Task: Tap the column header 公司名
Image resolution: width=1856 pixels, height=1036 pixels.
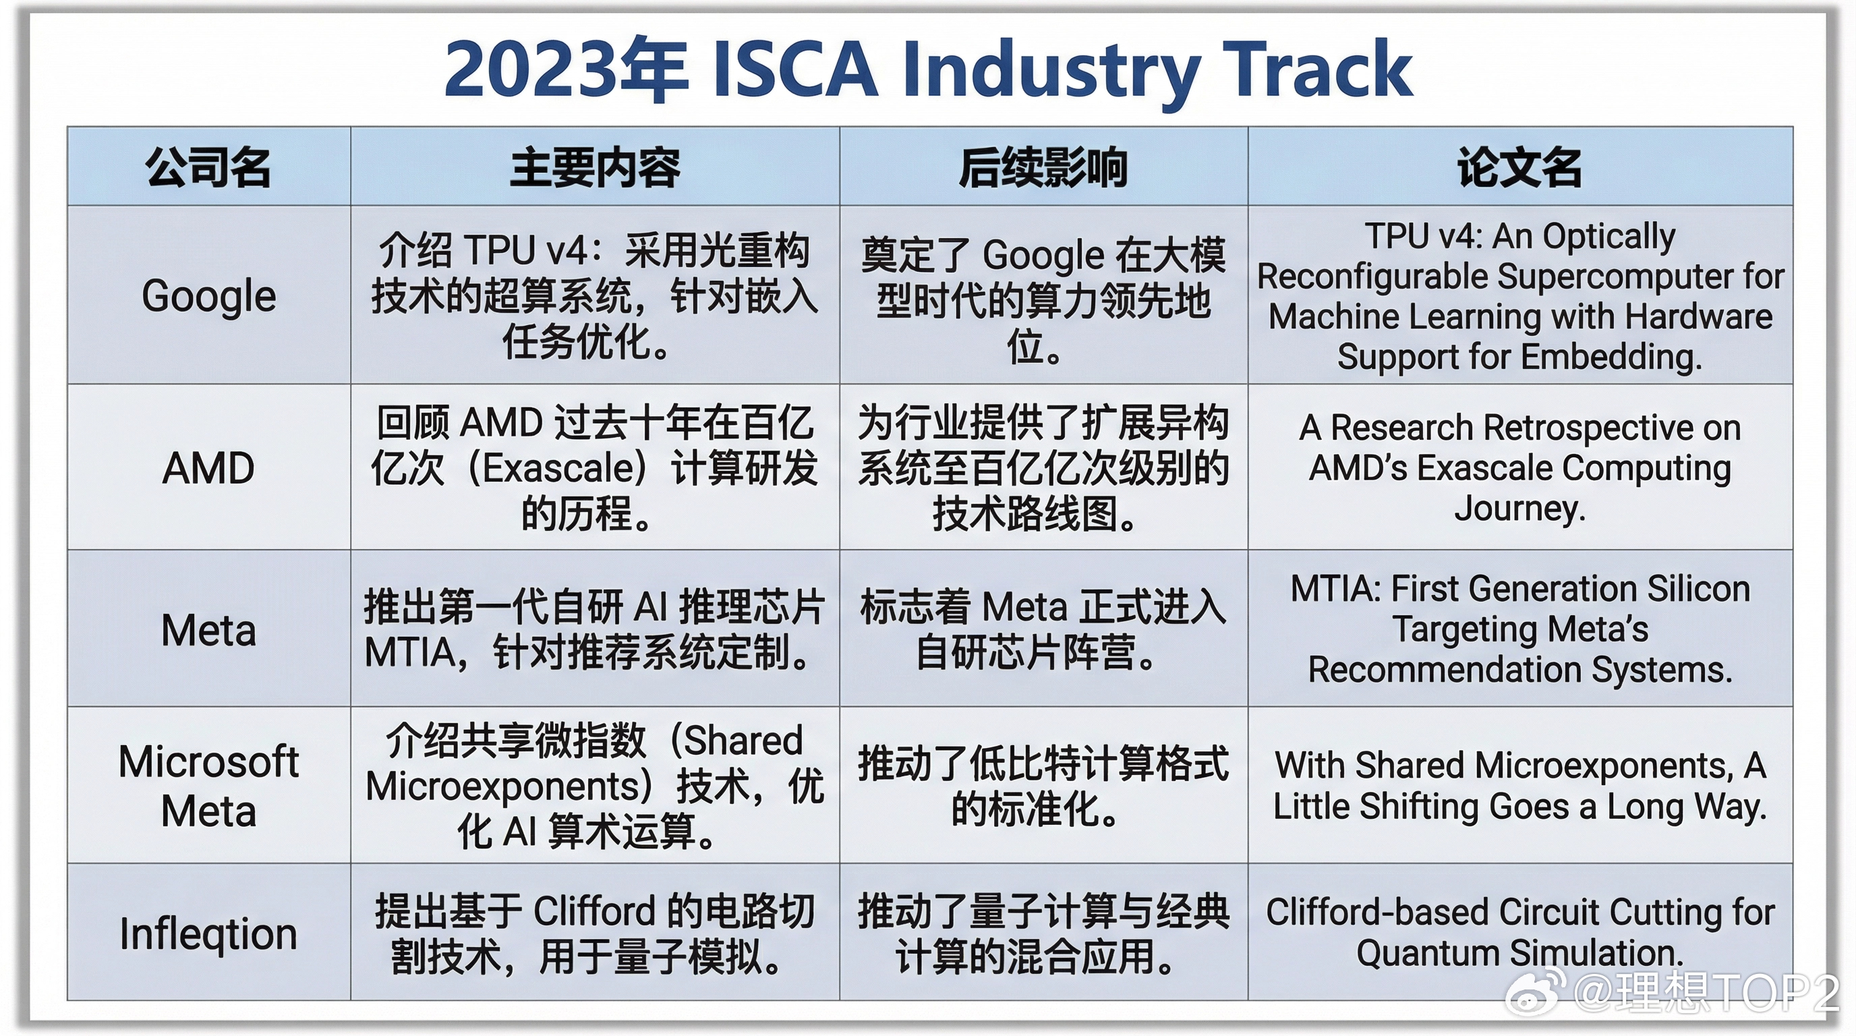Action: (x=208, y=167)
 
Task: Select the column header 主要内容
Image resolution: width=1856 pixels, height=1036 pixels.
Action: (x=595, y=167)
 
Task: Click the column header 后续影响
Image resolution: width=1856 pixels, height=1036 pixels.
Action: (x=1043, y=167)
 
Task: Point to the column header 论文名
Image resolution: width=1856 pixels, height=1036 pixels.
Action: (x=1519, y=167)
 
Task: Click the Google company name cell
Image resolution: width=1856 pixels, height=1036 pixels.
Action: (x=209, y=295)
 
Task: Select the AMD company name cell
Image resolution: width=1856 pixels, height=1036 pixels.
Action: (x=208, y=468)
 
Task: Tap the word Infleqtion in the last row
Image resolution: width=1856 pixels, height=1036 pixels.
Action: (x=208, y=933)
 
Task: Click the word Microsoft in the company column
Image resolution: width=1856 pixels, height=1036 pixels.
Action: (x=208, y=761)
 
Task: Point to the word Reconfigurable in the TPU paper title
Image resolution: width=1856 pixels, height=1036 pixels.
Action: (x=1372, y=277)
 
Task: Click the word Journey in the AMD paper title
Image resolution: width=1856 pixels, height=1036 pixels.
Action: (x=1517, y=509)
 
